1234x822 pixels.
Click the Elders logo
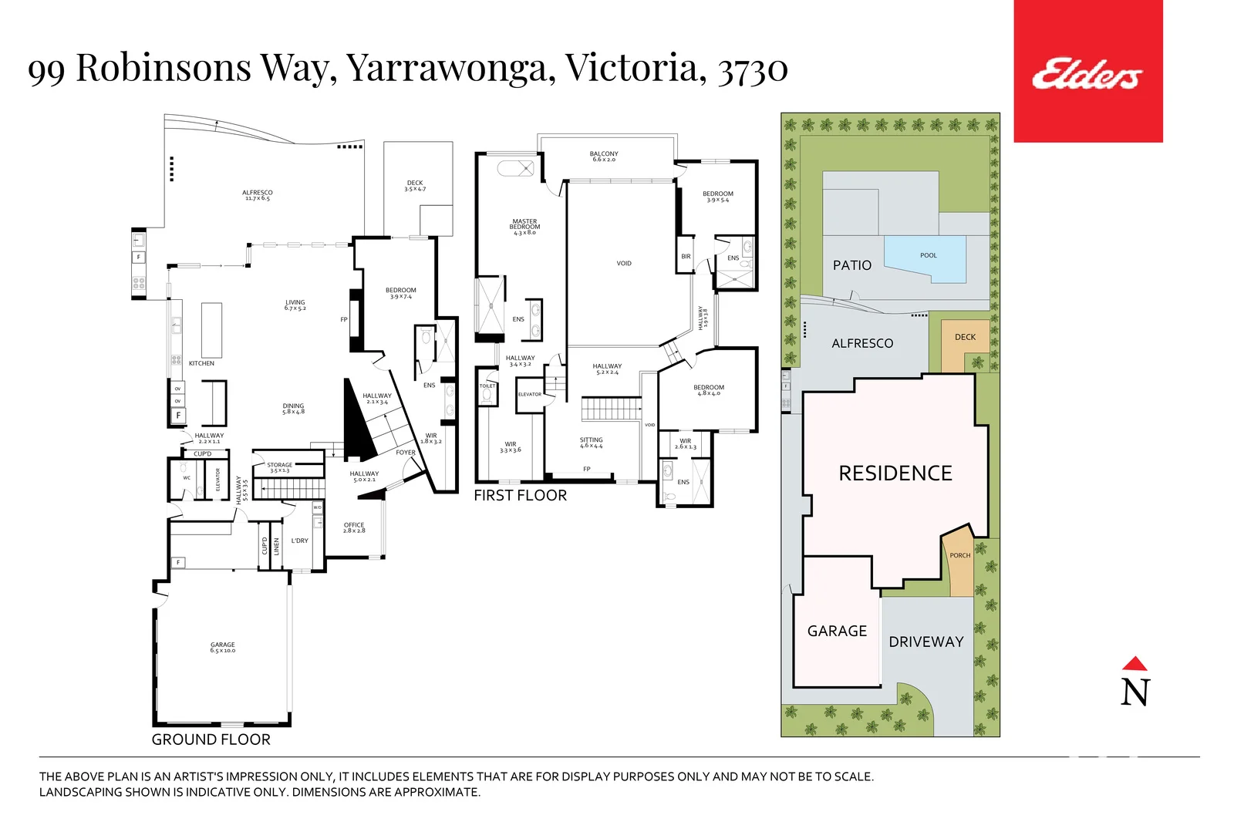click(1087, 74)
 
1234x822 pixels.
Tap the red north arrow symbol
click(1135, 664)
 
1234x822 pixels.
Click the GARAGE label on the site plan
click(837, 631)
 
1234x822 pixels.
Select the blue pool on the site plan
click(925, 259)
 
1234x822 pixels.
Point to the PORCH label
click(960, 555)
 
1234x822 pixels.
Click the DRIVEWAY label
click(925, 642)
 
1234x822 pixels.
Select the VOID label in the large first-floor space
click(624, 264)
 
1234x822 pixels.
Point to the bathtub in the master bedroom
click(515, 167)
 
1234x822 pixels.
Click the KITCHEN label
click(201, 363)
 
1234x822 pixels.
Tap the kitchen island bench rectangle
click(211, 329)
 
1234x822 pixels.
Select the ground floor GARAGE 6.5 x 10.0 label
click(223, 647)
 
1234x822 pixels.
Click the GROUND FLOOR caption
click(211, 739)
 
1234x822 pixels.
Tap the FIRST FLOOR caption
click(520, 496)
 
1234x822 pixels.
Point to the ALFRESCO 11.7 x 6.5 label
click(257, 195)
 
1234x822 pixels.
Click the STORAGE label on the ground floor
click(279, 467)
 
